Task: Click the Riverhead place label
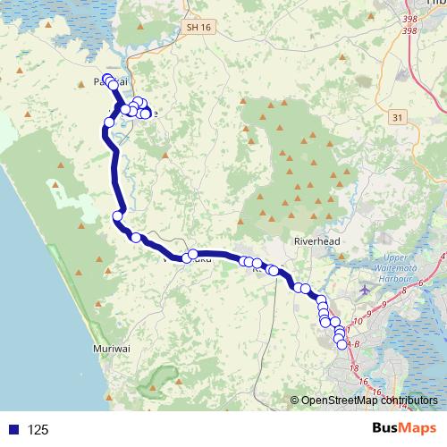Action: tap(312, 241)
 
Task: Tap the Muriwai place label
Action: tap(111, 349)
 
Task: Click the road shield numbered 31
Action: tap(396, 117)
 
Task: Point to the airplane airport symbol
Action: tap(363, 291)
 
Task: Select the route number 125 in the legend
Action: tap(38, 430)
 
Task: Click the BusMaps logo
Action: tap(398, 428)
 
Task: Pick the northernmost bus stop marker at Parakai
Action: tap(108, 79)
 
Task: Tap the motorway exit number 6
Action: tap(420, 283)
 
